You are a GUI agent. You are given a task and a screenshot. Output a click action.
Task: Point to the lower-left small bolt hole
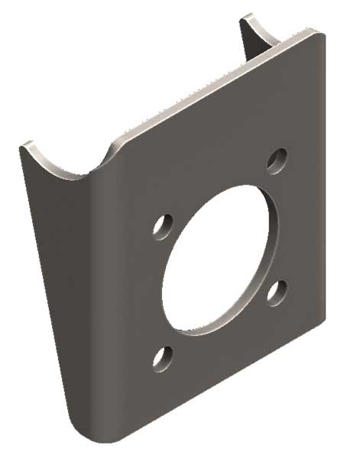[x=161, y=357]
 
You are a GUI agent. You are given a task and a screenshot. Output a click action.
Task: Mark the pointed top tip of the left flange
[x=25, y=145]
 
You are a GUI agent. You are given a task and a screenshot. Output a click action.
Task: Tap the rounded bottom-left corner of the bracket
[x=80, y=432]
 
